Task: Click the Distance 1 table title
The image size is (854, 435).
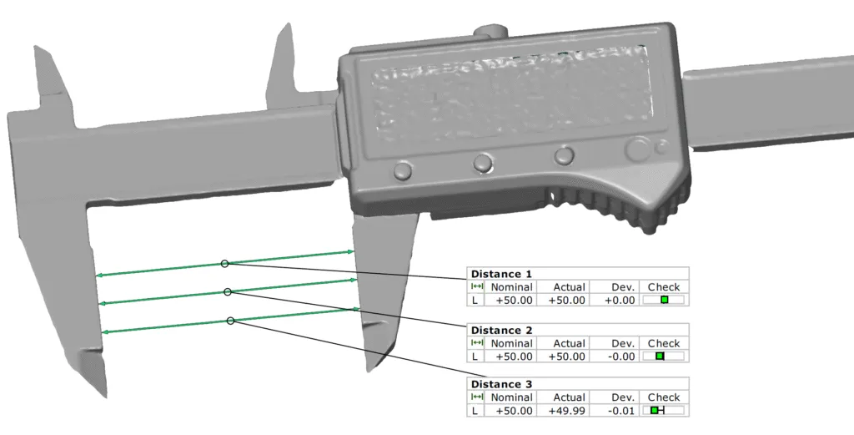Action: coord(501,274)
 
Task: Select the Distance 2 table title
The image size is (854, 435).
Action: coord(501,331)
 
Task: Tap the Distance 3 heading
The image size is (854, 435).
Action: coord(501,384)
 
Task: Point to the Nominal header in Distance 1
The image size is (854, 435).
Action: coord(511,287)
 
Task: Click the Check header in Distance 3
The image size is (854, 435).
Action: coord(664,397)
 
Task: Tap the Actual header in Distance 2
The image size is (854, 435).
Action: coord(570,343)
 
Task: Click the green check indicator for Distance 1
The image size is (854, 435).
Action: coord(665,300)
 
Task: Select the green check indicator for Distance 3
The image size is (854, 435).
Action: coord(656,411)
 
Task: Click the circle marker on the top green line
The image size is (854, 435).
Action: coord(224,263)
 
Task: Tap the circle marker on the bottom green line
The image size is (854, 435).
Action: coord(230,321)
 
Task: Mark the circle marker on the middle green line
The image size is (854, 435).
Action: coord(228,292)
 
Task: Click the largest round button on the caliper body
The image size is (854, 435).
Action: coord(639,149)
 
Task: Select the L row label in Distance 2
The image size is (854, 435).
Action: coord(475,357)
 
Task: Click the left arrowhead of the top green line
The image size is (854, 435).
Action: coord(98,274)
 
